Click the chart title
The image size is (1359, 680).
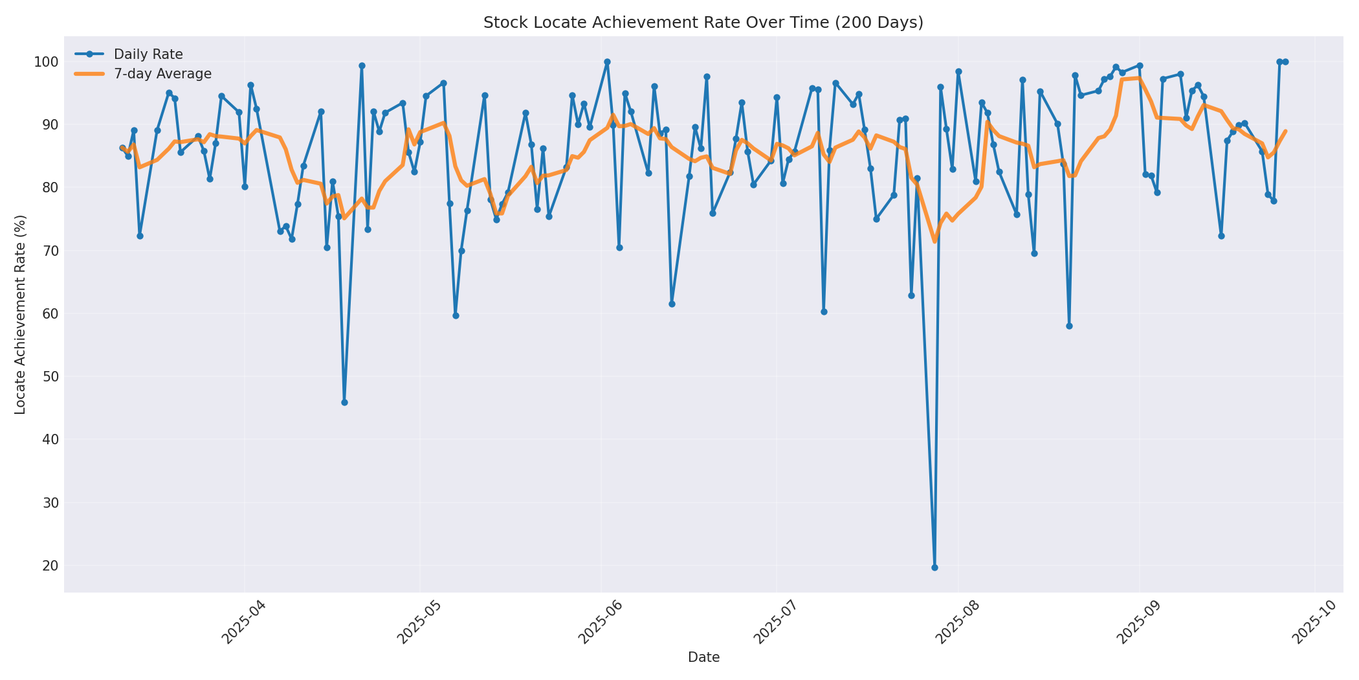[x=703, y=23]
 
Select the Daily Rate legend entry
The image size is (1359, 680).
[x=148, y=54]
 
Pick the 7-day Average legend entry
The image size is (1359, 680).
[x=162, y=74]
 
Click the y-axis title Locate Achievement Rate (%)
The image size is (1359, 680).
[x=20, y=314]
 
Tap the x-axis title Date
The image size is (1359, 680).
[x=703, y=657]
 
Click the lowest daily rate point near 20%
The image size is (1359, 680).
[x=934, y=567]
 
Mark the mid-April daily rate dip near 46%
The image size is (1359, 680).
[x=344, y=402]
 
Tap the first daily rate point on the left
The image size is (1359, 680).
[x=122, y=148]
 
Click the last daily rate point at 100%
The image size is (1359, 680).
[x=1285, y=62]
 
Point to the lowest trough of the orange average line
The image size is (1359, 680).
[x=934, y=242]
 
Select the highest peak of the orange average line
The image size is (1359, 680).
[x=1139, y=78]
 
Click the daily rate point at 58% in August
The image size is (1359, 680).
[x=1069, y=326]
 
